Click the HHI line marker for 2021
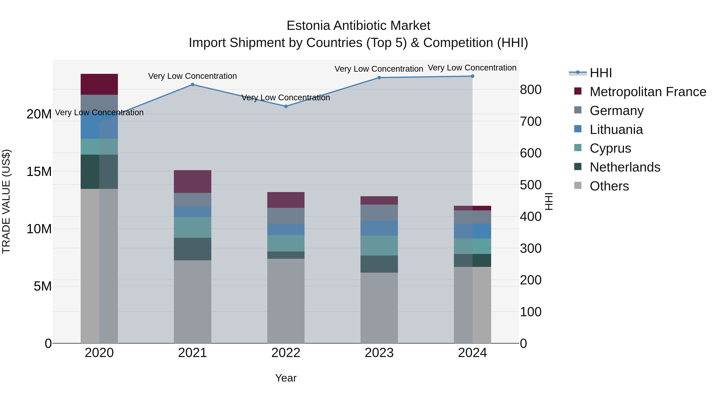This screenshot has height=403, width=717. (x=192, y=85)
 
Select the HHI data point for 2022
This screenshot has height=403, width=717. (x=286, y=106)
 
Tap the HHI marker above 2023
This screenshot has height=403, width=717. (x=379, y=78)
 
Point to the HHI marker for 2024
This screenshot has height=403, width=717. (x=472, y=76)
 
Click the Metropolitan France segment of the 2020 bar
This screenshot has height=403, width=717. (x=99, y=84)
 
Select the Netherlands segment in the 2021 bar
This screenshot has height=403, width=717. (x=192, y=249)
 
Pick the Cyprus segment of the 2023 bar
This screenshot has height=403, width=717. (x=379, y=246)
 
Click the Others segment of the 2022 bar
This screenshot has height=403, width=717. (x=286, y=301)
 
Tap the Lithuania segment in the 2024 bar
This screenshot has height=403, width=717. (x=472, y=231)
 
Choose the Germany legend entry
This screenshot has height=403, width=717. (x=616, y=111)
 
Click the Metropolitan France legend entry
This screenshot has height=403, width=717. (x=648, y=92)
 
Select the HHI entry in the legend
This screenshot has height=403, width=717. (x=601, y=73)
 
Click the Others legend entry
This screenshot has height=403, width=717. (x=609, y=186)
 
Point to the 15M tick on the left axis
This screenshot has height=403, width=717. (x=39, y=172)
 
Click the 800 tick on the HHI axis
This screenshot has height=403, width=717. (x=531, y=90)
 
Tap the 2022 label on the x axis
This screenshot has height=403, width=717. (x=286, y=353)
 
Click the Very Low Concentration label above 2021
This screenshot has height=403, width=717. (x=192, y=76)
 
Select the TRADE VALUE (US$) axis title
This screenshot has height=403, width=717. (x=6, y=201)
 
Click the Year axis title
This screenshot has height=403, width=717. (x=286, y=378)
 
